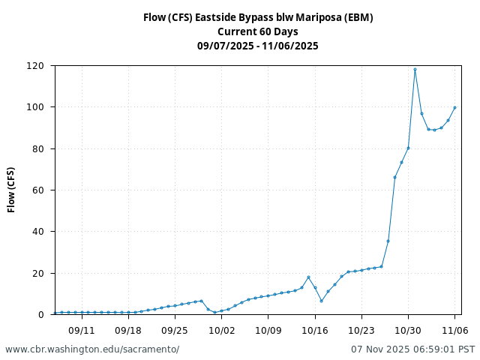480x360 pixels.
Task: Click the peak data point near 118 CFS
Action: pos(415,70)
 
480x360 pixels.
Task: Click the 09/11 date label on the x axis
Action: pos(82,330)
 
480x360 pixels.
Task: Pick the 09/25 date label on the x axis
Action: pos(175,330)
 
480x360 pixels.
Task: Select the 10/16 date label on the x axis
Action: pos(314,330)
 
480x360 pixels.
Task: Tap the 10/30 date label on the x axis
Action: pos(408,330)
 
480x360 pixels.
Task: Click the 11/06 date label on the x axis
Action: pos(454,330)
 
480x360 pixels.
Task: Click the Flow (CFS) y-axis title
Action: pos(12,190)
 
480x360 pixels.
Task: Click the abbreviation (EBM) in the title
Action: pos(358,17)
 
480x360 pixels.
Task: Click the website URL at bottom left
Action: pos(92,349)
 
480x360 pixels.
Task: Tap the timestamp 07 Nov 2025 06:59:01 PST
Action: pos(412,349)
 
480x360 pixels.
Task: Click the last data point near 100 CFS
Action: pos(454,107)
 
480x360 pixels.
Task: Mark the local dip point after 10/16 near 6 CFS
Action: pos(321,301)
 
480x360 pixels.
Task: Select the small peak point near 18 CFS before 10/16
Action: pos(308,277)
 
